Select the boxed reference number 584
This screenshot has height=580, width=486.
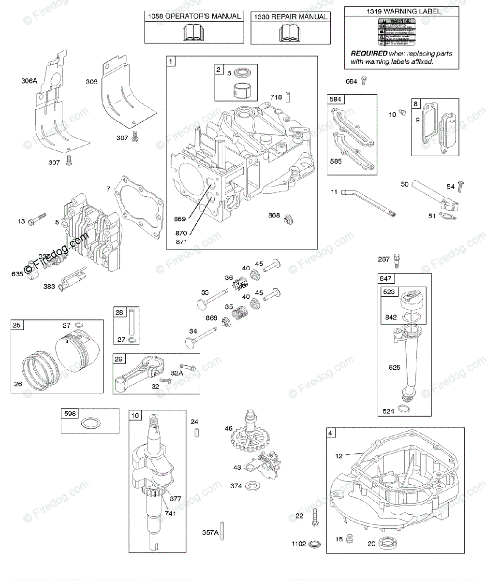(x=335, y=100)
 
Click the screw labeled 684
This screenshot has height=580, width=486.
(x=365, y=81)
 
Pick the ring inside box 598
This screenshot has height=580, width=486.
(x=90, y=424)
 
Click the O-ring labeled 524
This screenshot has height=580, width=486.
(x=405, y=409)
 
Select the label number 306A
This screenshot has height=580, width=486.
(x=29, y=82)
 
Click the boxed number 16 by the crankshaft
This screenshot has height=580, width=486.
(x=134, y=415)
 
